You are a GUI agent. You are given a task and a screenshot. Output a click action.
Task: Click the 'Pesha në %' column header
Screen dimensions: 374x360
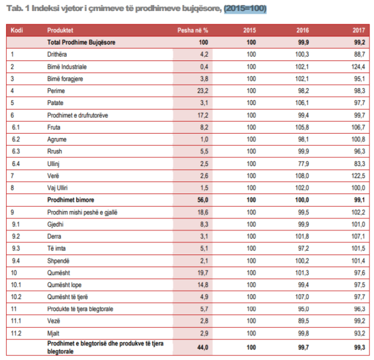(193, 30)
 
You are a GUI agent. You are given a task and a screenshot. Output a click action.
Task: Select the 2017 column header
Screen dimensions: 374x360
(359, 30)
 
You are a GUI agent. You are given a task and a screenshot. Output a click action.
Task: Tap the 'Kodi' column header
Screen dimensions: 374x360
(16, 30)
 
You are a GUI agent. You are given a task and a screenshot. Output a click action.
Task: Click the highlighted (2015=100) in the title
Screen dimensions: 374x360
(245, 8)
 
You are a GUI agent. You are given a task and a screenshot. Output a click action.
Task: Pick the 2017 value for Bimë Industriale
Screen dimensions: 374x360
(358, 67)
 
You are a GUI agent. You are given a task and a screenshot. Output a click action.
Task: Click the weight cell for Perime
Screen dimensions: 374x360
(202, 91)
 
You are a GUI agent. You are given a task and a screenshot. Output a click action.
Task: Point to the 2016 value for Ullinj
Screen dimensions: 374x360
(303, 164)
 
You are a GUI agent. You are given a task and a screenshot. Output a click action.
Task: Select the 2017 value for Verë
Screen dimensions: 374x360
(358, 176)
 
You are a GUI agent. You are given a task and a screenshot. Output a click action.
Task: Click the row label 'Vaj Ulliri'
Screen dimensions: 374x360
(57, 188)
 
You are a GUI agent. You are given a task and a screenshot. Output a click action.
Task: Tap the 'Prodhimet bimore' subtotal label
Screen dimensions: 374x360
(70, 200)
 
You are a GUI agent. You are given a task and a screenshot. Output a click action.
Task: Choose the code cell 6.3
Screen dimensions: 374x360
(16, 151)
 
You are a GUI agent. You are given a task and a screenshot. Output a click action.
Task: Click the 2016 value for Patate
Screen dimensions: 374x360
(302, 103)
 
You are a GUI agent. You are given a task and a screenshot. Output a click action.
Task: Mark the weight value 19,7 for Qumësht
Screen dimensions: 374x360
(202, 273)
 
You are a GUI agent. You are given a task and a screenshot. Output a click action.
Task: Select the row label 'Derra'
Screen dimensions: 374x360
(54, 236)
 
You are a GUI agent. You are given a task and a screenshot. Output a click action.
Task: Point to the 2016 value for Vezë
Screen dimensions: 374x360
(303, 321)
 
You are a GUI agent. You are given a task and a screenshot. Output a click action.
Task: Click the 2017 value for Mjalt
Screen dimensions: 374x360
(360, 333)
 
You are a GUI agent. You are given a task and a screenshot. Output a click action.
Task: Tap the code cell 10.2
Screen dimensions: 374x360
(16, 297)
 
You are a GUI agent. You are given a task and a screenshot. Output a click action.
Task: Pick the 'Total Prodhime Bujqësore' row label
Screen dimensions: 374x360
(81, 42)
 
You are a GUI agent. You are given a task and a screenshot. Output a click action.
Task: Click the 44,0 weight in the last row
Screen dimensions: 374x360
(202, 347)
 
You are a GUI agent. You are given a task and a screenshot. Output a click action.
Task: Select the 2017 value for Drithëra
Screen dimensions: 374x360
(360, 54)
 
